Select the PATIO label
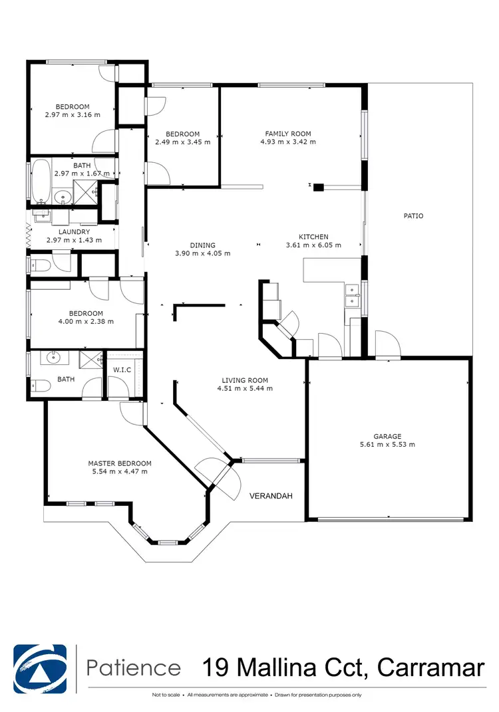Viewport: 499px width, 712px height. pyautogui.click(x=413, y=215)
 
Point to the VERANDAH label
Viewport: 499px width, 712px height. pyautogui.click(x=271, y=496)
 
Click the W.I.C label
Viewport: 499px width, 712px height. pyautogui.click(x=121, y=370)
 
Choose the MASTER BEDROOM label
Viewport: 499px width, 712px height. pyautogui.click(x=120, y=463)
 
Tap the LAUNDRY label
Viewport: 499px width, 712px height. pyautogui.click(x=74, y=232)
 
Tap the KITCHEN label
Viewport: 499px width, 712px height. pyautogui.click(x=313, y=237)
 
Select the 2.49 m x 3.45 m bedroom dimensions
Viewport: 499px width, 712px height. pyautogui.click(x=182, y=142)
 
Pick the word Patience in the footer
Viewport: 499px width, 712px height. pyautogui.click(x=134, y=667)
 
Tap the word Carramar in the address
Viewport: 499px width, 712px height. pyautogui.click(x=430, y=667)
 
